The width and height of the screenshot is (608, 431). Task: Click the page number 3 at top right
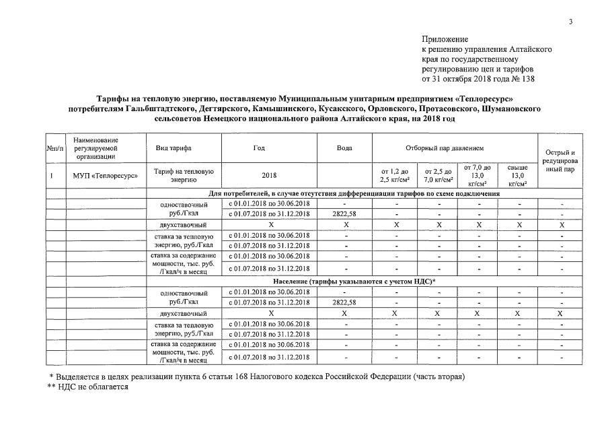coord(570,22)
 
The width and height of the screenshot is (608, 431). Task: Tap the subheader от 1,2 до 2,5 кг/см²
coord(394,175)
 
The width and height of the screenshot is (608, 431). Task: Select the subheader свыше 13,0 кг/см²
coord(517,175)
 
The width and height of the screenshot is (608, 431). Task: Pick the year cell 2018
coord(269,175)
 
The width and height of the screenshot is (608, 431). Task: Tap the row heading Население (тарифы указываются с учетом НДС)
coord(354,281)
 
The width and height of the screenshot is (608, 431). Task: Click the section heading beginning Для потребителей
coord(354,194)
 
